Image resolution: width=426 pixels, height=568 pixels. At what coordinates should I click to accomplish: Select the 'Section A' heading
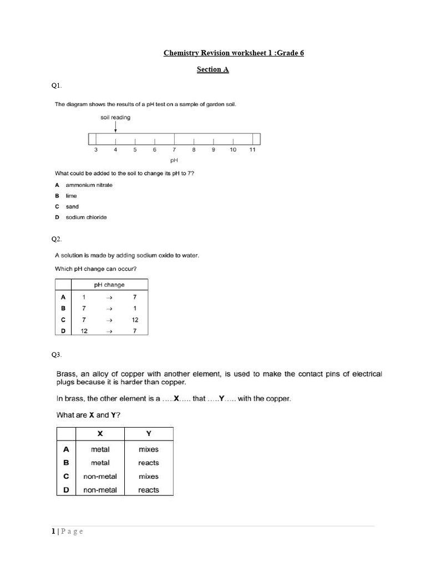point(212,70)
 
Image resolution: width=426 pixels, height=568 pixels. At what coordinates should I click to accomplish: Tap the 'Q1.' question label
point(57,85)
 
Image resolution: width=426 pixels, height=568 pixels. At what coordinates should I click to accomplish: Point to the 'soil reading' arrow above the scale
point(115,127)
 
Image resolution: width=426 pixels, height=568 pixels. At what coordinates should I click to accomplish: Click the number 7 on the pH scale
point(174,150)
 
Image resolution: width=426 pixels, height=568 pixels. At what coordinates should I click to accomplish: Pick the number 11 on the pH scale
point(252,150)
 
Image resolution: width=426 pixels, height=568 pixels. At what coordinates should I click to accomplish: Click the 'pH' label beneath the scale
point(174,160)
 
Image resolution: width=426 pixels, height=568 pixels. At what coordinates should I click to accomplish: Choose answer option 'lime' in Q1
point(71,196)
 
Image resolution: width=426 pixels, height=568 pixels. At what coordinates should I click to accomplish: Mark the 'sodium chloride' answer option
point(86,217)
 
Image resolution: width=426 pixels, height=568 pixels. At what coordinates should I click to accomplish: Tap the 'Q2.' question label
point(57,239)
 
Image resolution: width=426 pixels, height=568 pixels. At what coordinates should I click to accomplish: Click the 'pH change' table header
point(109,285)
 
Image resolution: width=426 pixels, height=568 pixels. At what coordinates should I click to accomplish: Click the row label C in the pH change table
point(63,320)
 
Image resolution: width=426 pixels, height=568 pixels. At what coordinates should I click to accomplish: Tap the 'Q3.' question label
point(57,355)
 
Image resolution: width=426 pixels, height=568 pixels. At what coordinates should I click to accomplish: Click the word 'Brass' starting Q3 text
point(68,374)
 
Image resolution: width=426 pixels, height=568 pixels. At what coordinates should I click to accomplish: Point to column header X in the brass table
point(100,434)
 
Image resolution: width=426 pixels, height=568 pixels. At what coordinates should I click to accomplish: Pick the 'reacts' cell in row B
point(148,463)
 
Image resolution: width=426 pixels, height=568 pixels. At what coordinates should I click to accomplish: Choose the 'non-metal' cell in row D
point(100,490)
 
